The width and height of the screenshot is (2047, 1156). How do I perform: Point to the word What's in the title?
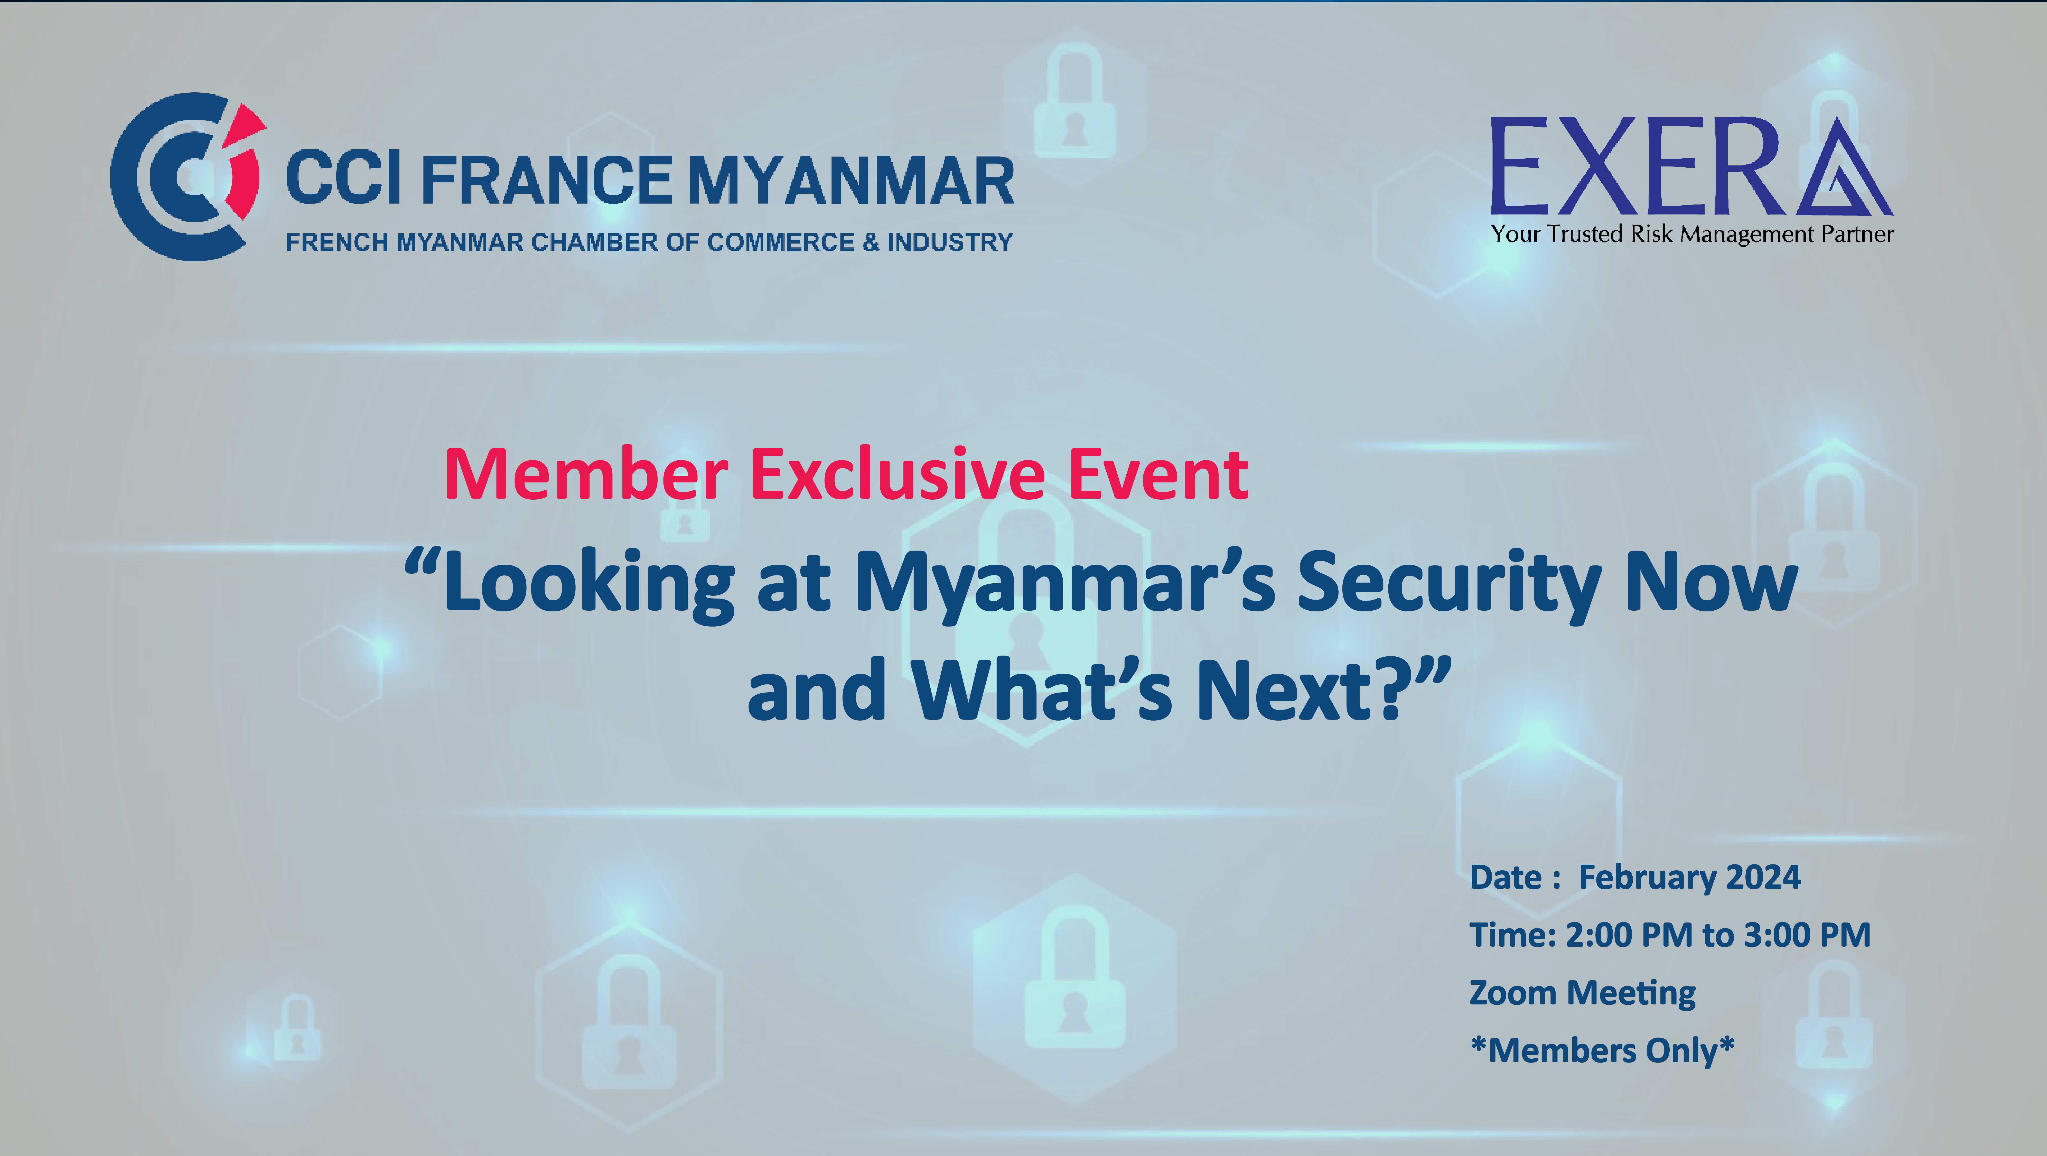pyautogui.click(x=1041, y=690)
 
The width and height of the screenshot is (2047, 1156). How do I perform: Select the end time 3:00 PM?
pyautogui.click(x=1807, y=935)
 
